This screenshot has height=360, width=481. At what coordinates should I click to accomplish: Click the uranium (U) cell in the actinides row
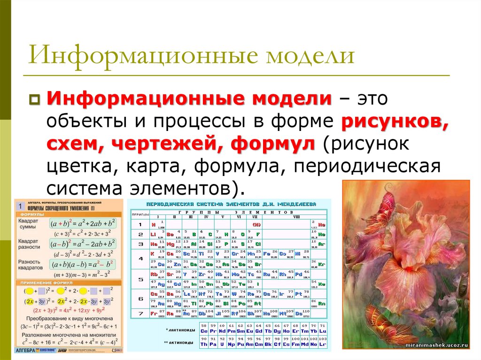click(222, 344)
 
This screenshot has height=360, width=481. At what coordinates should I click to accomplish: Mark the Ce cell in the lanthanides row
click(204, 331)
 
